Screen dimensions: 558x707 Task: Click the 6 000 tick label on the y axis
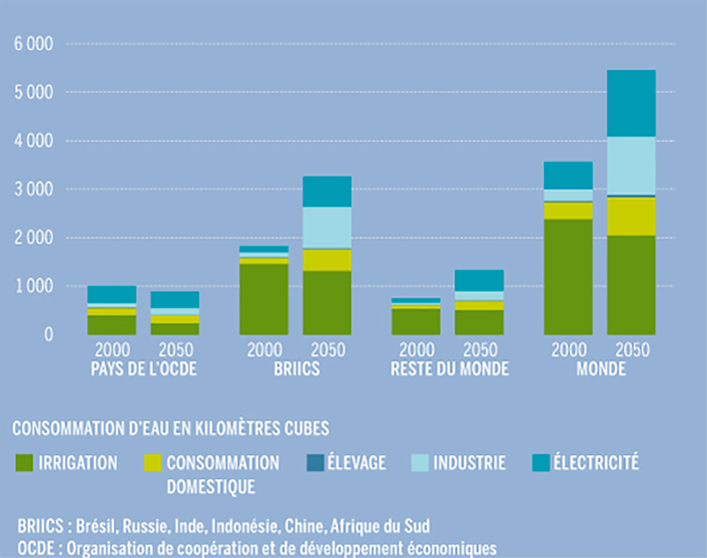pos(33,44)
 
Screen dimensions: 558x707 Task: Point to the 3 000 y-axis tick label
pos(33,189)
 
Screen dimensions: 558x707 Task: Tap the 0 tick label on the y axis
pos(48,335)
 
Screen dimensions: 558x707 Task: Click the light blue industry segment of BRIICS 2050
pos(327,227)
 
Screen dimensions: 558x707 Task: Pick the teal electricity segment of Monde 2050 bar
pos(631,103)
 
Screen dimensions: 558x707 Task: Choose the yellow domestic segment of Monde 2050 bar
pos(631,216)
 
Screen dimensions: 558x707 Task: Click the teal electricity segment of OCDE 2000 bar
pos(112,294)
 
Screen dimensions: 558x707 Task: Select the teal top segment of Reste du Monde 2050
pos(479,280)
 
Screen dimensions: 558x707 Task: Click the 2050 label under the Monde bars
pos(629,351)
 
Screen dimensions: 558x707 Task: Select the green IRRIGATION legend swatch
pos(24,462)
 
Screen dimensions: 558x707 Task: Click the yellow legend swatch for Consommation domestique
pos(153,462)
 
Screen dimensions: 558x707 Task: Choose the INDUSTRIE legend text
pos(469,462)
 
